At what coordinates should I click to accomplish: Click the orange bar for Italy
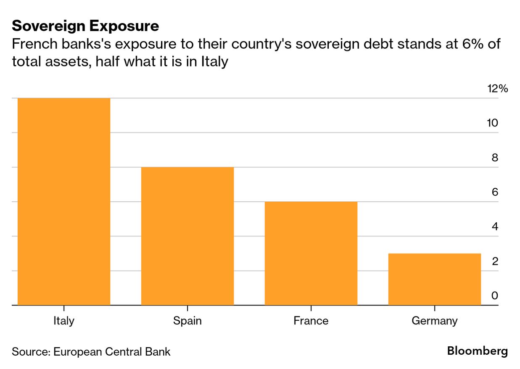[64, 201]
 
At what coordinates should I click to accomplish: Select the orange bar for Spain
[187, 236]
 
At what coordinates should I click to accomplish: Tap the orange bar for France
[311, 253]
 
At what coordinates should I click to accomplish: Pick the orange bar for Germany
[434, 279]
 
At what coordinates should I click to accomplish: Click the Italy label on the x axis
[64, 321]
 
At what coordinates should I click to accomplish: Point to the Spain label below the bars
[187, 321]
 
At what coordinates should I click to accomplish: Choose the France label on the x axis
[311, 321]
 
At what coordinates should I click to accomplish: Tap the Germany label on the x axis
[434, 321]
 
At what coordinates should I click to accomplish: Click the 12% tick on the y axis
[498, 89]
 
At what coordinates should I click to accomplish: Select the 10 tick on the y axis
[492, 123]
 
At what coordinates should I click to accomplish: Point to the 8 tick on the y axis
[495, 158]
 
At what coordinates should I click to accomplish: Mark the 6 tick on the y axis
[495, 192]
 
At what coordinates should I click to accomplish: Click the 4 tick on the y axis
[495, 227]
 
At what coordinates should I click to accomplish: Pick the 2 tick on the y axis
[495, 261]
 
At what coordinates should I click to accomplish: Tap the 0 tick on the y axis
[495, 295]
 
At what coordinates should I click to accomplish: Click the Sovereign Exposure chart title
[85, 26]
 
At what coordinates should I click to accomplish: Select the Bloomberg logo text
[477, 351]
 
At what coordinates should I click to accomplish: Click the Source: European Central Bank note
[91, 351]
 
